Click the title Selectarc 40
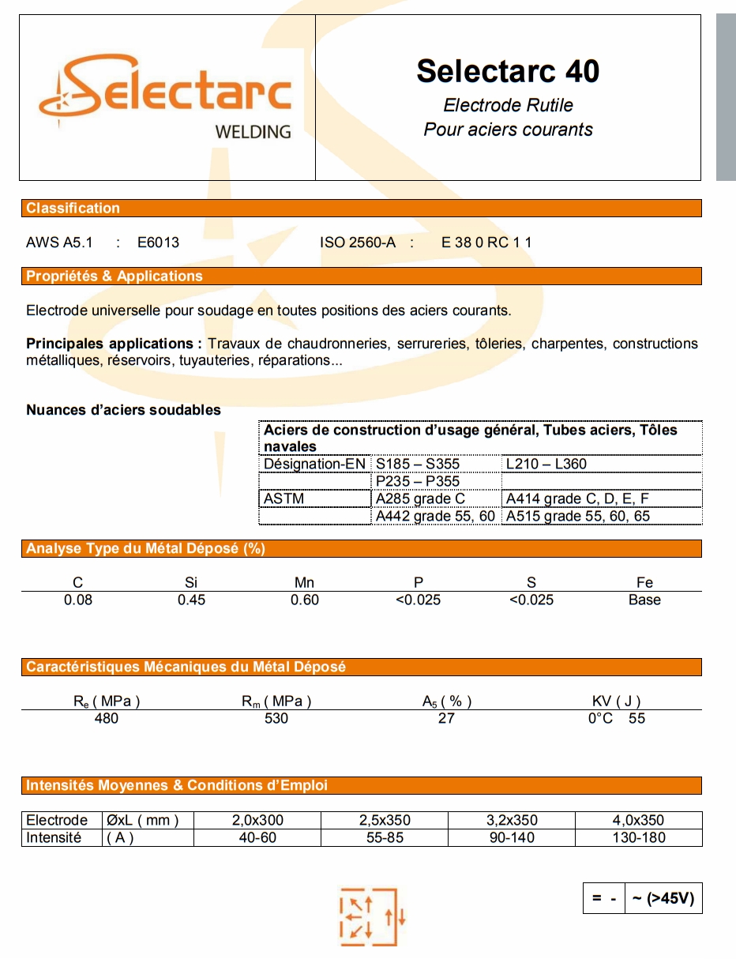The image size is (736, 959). pyautogui.click(x=508, y=71)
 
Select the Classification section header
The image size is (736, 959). pyautogui.click(x=361, y=209)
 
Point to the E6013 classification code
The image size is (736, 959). pyautogui.click(x=158, y=243)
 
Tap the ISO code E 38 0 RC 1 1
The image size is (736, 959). pyautogui.click(x=486, y=243)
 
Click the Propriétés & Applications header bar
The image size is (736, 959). pyautogui.click(x=361, y=276)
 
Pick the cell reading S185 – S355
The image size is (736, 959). pyautogui.click(x=418, y=464)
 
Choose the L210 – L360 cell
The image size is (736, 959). pyautogui.click(x=546, y=464)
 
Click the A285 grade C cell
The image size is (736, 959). pyautogui.click(x=420, y=498)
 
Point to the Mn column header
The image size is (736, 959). pyautogui.click(x=304, y=582)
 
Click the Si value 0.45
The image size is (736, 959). pyautogui.click(x=191, y=600)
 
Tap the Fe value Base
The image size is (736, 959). pyautogui.click(x=644, y=600)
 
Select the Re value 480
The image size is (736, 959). pyautogui.click(x=106, y=718)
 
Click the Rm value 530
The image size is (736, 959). pyautogui.click(x=276, y=718)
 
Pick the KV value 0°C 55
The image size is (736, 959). pyautogui.click(x=616, y=718)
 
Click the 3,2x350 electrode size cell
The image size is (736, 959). pyautogui.click(x=512, y=820)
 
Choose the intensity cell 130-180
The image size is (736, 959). pyautogui.click(x=639, y=837)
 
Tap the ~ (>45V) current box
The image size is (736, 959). pyautogui.click(x=663, y=898)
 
